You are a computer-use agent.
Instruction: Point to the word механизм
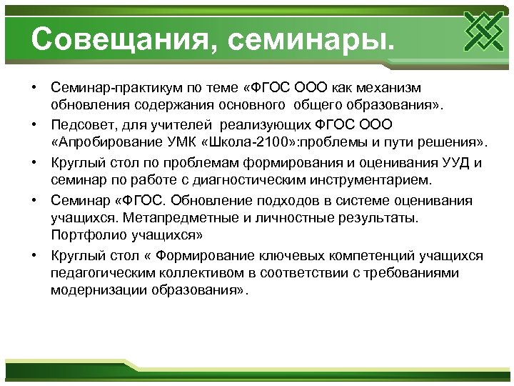pyautogui.click(x=385, y=87)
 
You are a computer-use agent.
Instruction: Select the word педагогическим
pyautogui.click(x=99, y=273)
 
